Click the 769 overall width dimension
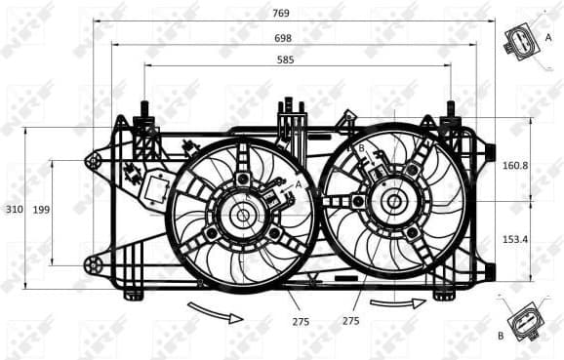pyautogui.click(x=281, y=13)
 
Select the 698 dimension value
pyautogui.click(x=281, y=36)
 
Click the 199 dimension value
pyautogui.click(x=41, y=210)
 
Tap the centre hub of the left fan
pyautogui.click(x=241, y=215)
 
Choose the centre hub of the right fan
pyautogui.click(x=394, y=202)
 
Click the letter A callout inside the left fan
pyautogui.click(x=298, y=182)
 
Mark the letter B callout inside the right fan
pyautogui.click(x=361, y=148)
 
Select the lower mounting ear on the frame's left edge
pyautogui.click(x=95, y=263)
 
